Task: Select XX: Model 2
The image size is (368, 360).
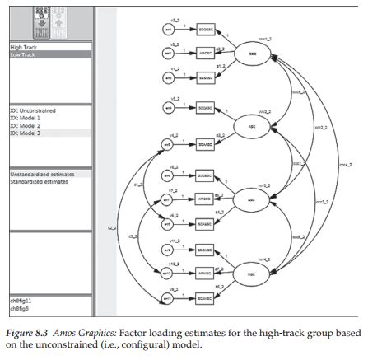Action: pos(27,125)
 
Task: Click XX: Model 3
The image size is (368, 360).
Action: pos(27,133)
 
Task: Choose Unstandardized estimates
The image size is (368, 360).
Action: pos(42,175)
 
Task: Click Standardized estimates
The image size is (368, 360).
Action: pos(39,182)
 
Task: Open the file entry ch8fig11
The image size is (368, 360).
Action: pos(21,301)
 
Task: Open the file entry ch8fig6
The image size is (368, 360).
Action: pos(20,308)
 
